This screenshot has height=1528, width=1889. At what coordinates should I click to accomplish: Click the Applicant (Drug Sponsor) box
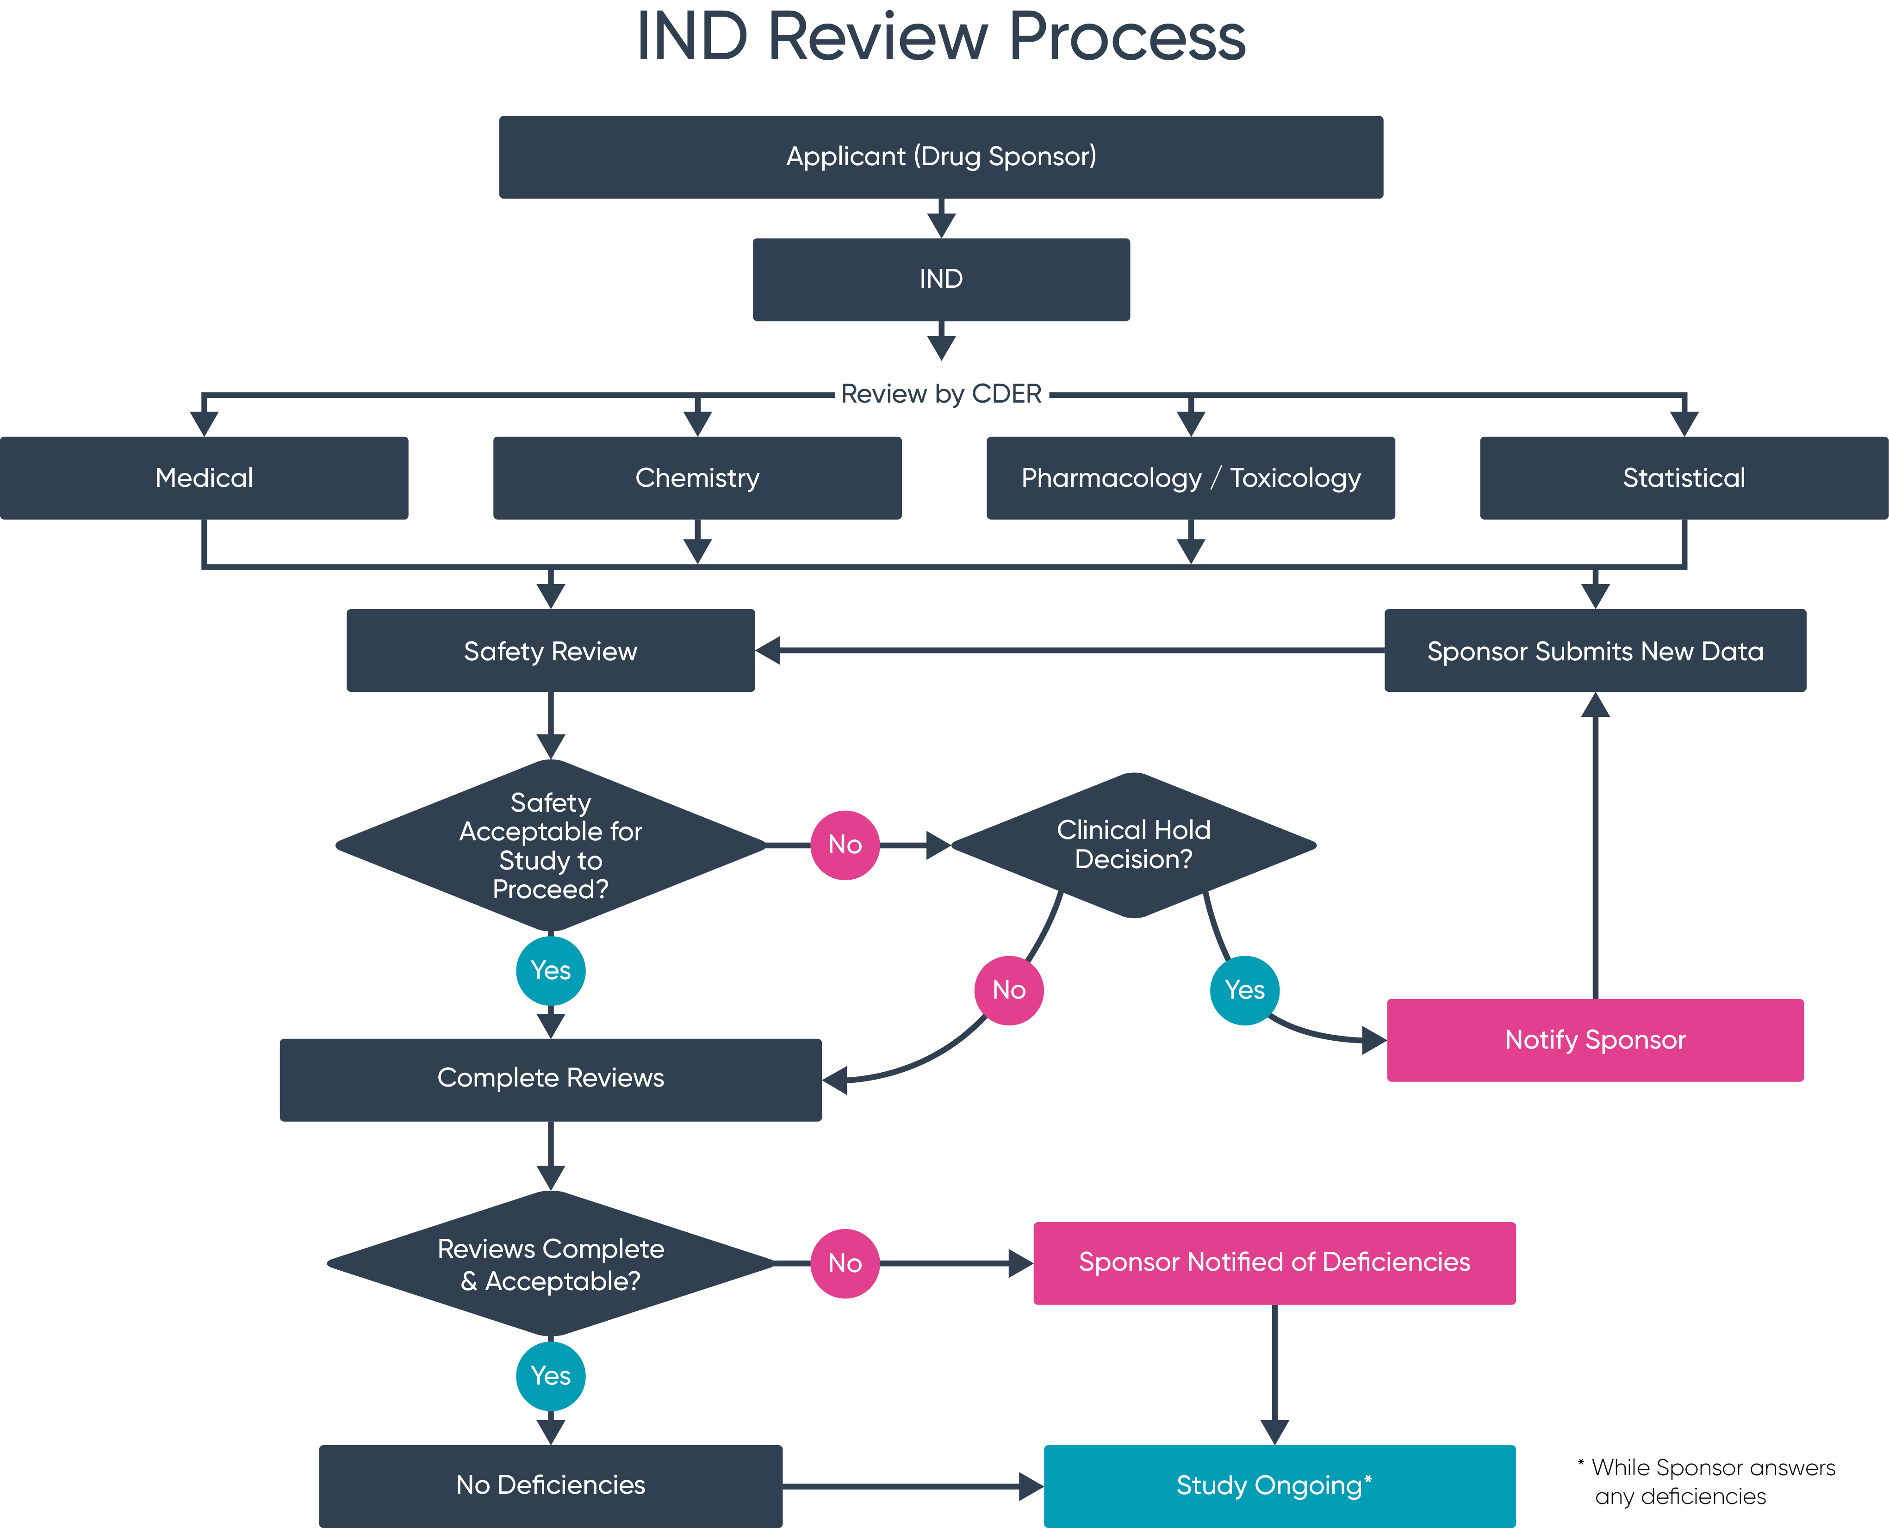click(x=941, y=157)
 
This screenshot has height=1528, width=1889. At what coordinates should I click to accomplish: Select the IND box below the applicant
click(x=941, y=279)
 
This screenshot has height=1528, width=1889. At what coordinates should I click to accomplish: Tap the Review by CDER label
click(x=941, y=393)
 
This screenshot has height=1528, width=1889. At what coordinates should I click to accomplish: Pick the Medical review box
click(x=204, y=478)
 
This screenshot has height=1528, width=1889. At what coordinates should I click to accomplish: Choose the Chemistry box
click(x=697, y=478)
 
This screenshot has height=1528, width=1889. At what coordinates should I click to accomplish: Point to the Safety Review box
click(x=550, y=651)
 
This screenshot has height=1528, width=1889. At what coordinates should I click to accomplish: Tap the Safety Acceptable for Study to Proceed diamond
click(x=550, y=845)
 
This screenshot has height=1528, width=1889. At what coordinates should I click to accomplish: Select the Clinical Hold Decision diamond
click(x=1134, y=845)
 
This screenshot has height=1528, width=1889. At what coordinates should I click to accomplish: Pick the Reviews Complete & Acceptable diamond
click(x=550, y=1264)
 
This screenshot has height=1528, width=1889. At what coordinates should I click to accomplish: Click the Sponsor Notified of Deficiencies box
click(x=1274, y=1262)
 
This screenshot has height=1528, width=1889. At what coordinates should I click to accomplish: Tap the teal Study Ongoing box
click(x=1279, y=1486)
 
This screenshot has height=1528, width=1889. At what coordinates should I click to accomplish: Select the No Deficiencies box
click(x=550, y=1486)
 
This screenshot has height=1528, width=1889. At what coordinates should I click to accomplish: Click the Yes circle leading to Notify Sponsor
click(x=1245, y=990)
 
